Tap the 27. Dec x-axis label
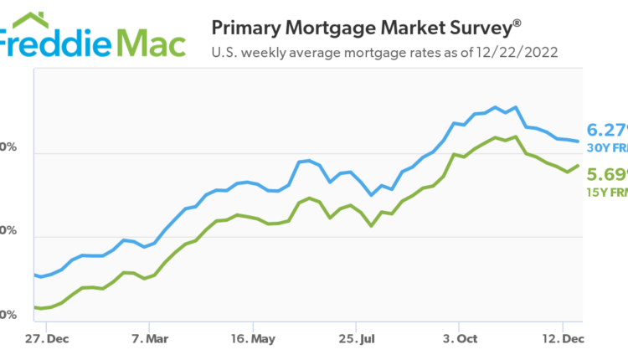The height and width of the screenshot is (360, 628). click(x=47, y=340)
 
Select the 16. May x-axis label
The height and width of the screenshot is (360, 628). click(x=253, y=340)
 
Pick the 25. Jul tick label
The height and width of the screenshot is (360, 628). click(x=356, y=340)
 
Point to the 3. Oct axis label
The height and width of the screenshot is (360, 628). click(x=460, y=340)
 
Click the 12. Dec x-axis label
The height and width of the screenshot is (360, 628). click(x=563, y=340)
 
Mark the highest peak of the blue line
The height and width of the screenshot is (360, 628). click(x=496, y=107)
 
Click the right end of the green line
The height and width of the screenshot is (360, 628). click(x=579, y=165)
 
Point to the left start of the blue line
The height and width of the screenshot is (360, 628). click(x=34, y=275)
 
